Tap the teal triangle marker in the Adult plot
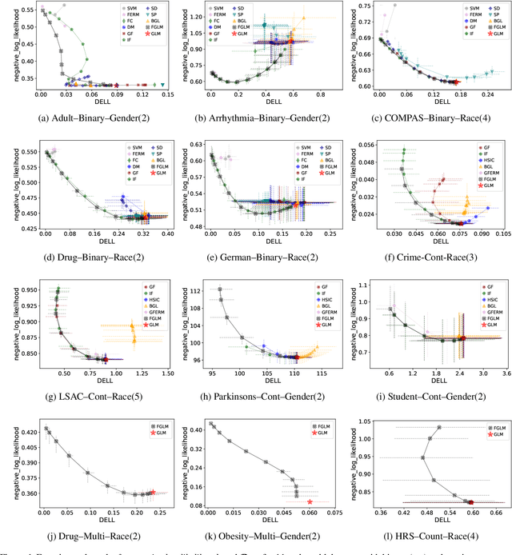click(x=163, y=84)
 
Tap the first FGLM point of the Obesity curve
click(x=211, y=424)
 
